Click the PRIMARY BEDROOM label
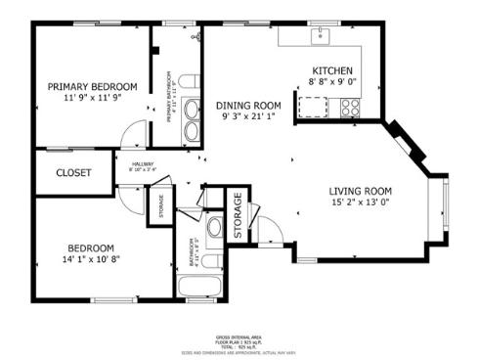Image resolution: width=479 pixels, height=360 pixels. [93, 86]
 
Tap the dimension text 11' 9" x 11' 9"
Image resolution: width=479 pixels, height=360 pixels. [93, 98]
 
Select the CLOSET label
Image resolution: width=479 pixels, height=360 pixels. [73, 173]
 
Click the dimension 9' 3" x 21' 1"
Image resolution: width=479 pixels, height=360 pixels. [249, 117]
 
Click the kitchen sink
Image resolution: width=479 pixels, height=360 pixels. [321, 37]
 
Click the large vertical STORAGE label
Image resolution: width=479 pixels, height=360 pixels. [239, 214]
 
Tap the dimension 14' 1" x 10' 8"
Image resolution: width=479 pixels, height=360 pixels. [91, 260]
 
